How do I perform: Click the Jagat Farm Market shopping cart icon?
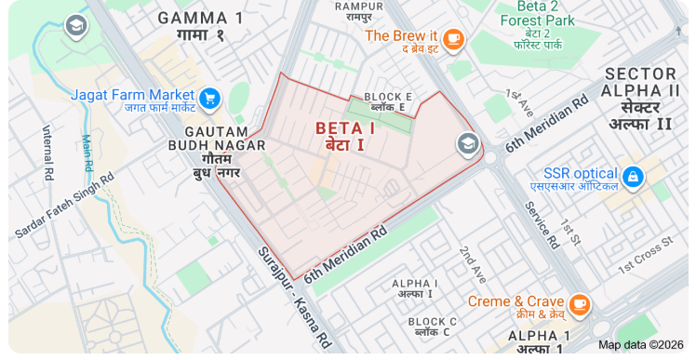tap(209, 97)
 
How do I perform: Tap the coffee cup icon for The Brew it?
tap(453, 37)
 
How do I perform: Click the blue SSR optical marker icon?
tap(634, 175)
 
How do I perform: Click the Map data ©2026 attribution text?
tap(640, 344)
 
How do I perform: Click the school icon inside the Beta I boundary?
tap(466, 144)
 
